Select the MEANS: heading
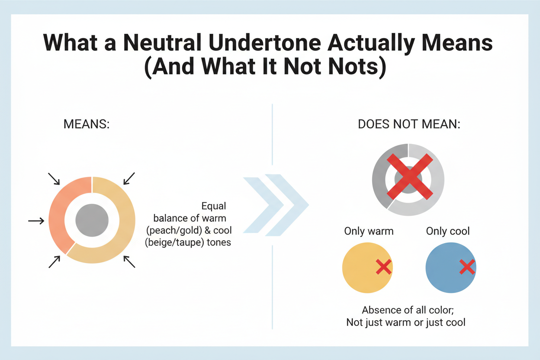click(x=87, y=125)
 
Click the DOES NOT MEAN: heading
click(x=409, y=125)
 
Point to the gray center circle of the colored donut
click(x=92, y=220)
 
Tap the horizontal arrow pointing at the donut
click(x=36, y=221)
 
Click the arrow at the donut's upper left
click(x=54, y=179)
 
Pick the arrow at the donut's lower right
click(x=129, y=262)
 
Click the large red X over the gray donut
click(x=409, y=177)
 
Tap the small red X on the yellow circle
click(x=383, y=267)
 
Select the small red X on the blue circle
click(x=467, y=267)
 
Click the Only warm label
click(x=369, y=231)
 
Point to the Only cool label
click(x=448, y=231)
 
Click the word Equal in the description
click(x=214, y=206)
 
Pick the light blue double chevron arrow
click(x=276, y=205)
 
